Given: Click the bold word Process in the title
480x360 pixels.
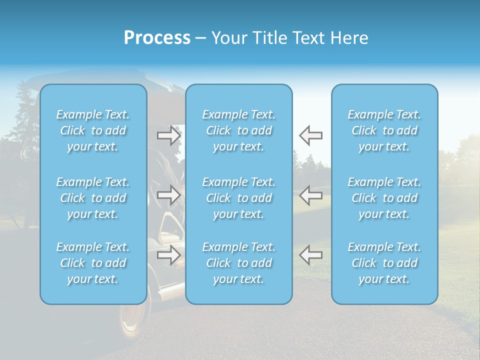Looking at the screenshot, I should pyautogui.click(x=157, y=38).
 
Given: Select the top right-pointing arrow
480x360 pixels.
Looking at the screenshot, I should pyautogui.click(x=169, y=135).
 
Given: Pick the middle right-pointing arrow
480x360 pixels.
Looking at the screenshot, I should pyautogui.click(x=169, y=195).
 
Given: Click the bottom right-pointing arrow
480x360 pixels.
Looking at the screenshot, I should pyautogui.click(x=169, y=255).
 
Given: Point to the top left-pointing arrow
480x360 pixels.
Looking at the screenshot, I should pyautogui.click(x=310, y=135).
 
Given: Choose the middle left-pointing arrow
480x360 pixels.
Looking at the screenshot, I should pyautogui.click(x=310, y=195).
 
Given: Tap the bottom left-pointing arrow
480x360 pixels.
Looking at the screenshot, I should pyautogui.click(x=310, y=255).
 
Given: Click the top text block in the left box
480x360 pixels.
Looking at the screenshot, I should pyautogui.click(x=93, y=130).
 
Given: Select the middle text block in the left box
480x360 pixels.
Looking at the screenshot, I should pyautogui.click(x=93, y=198).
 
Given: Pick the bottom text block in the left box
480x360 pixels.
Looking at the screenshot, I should pyautogui.click(x=93, y=263).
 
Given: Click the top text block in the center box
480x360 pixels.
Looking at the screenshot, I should pyautogui.click(x=238, y=130).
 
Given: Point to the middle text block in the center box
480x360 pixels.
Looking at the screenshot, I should pyautogui.click(x=238, y=198).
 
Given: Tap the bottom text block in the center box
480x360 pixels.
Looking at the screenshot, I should pyautogui.click(x=238, y=263).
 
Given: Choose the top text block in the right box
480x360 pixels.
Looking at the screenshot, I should pyautogui.click(x=384, y=130).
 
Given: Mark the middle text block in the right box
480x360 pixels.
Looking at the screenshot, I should pyautogui.click(x=384, y=198).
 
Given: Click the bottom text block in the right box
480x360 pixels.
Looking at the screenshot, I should pyautogui.click(x=384, y=263).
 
